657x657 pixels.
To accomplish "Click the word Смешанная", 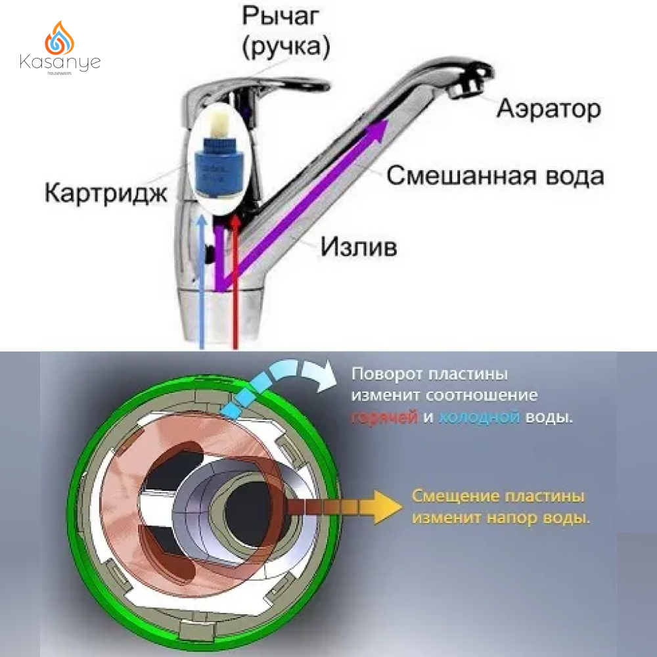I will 447,176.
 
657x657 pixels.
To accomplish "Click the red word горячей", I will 385,417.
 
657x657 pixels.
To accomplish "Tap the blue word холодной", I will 479,417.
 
